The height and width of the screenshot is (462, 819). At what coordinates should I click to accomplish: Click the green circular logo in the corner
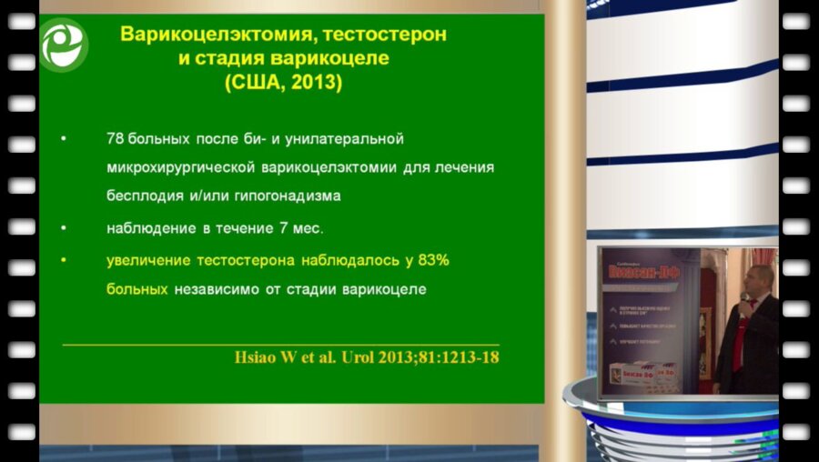pos(63,45)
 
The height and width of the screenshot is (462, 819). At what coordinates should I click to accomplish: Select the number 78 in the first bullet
pos(116,139)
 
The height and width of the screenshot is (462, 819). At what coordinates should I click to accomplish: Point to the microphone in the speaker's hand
pos(744,300)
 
